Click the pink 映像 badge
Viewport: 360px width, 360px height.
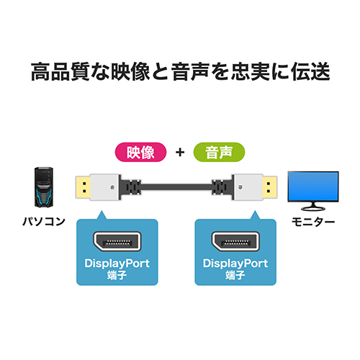(140, 152)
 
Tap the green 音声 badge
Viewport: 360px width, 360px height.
(219, 152)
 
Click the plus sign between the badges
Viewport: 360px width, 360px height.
(180, 152)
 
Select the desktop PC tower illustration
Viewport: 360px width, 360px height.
(44, 187)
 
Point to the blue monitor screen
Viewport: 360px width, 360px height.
(313, 186)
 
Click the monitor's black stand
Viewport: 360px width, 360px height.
(313, 207)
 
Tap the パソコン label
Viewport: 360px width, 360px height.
(44, 221)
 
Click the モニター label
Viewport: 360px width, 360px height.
(313, 222)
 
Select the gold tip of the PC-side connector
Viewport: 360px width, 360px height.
(83, 187)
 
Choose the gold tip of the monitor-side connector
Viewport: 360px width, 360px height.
(270, 187)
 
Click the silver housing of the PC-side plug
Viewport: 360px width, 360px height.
(104, 187)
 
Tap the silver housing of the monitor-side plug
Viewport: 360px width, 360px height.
(248, 187)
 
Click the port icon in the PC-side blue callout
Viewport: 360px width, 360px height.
(117, 242)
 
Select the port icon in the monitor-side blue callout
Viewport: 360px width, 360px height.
(235, 242)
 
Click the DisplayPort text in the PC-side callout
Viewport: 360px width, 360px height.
(117, 264)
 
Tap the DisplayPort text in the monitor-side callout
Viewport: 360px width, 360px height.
(235, 264)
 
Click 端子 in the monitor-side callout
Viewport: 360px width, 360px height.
(235, 275)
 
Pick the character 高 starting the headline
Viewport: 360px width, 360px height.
(41, 71)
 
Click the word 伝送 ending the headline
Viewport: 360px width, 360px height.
(310, 71)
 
